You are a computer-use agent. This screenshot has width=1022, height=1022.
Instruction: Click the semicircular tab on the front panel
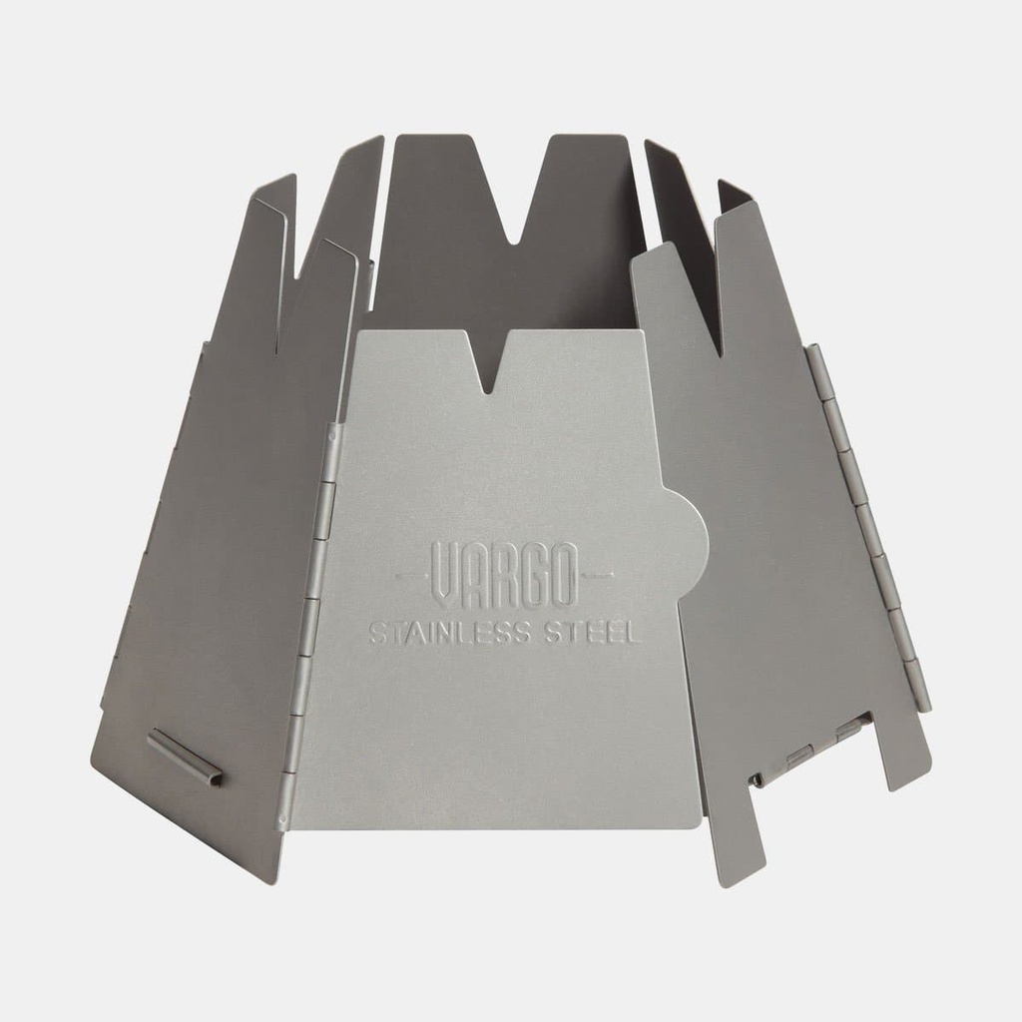690,539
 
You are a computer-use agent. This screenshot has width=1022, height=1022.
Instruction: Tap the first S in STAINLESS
377,633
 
